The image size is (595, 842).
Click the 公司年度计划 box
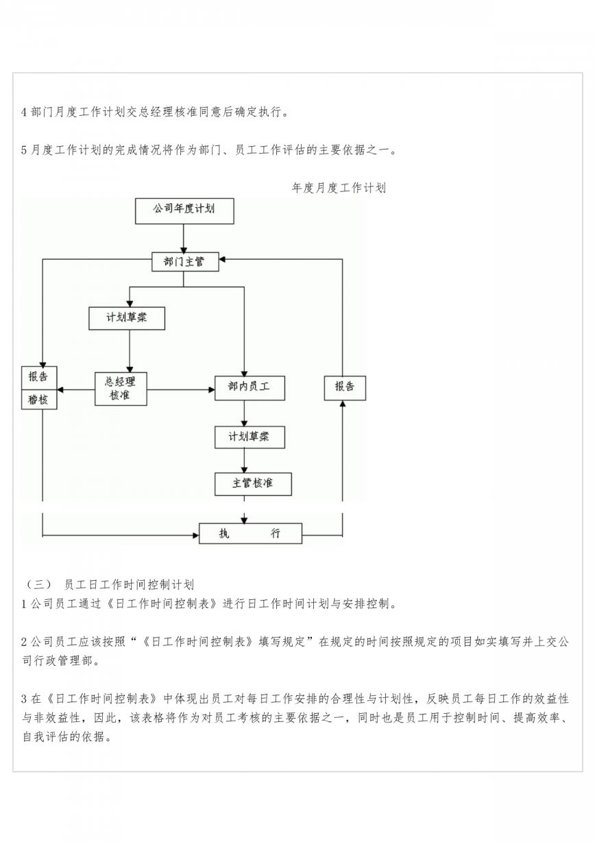coord(184,211)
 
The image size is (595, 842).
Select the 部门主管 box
coord(185,262)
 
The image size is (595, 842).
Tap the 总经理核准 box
coord(121,389)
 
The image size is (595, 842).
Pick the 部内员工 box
coord(250,388)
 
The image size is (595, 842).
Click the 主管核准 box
coord(253,484)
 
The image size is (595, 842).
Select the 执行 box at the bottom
coord(250,533)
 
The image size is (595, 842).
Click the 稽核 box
coord(39,400)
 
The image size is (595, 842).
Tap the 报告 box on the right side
coord(345,388)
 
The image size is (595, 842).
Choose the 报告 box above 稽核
coord(39,378)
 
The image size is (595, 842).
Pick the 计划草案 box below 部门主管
coord(127,318)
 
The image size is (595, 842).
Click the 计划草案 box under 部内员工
coord(250,437)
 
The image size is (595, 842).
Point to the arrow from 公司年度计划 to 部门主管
coord(184,239)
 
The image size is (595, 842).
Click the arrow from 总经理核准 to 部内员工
coord(181,389)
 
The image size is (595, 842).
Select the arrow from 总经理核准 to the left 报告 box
coord(76,389)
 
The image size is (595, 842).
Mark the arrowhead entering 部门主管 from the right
coord(222,259)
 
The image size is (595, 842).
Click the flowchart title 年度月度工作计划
coord(339,188)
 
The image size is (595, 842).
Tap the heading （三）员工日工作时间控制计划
coord(110,584)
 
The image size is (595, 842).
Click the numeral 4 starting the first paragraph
coord(24,112)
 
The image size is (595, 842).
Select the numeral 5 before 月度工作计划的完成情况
coord(24,150)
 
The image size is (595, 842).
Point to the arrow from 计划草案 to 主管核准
coord(244,461)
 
